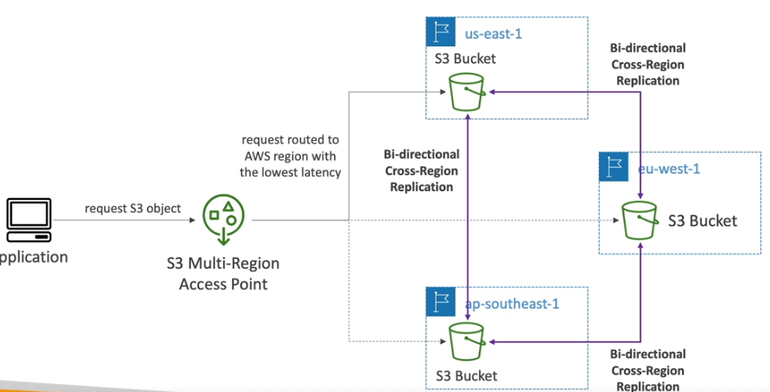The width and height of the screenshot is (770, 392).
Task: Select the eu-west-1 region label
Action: tap(671, 168)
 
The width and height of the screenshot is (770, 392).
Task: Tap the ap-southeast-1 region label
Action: tap(513, 304)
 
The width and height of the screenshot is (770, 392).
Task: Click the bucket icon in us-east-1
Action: tap(467, 93)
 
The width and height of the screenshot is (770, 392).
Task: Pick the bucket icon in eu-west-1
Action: tap(640, 219)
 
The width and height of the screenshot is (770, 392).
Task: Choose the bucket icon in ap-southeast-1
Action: tap(467, 342)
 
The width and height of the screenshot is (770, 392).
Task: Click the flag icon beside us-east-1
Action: tap(441, 33)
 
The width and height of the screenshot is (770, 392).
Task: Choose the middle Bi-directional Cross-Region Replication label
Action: tap(421, 170)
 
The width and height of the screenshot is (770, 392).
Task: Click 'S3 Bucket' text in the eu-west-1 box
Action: tap(702, 221)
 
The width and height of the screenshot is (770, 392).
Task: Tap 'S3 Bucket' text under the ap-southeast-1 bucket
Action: tap(466, 375)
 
